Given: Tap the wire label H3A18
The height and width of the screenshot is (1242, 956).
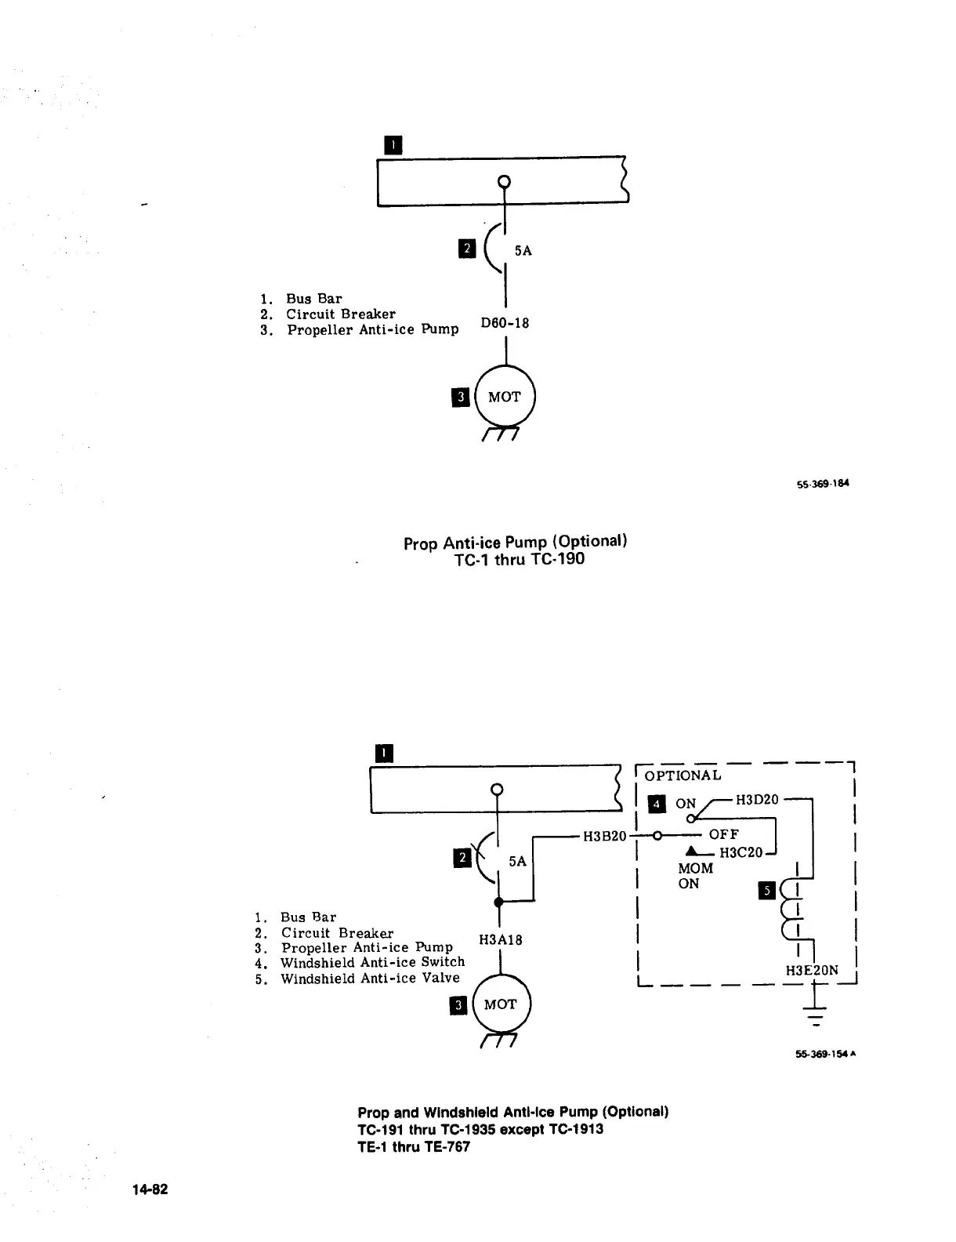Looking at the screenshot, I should (500, 940).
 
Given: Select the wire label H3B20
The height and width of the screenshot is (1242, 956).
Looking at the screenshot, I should (605, 836).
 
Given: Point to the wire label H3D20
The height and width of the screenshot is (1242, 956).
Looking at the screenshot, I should (757, 799).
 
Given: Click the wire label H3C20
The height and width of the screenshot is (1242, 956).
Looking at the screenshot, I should (741, 852).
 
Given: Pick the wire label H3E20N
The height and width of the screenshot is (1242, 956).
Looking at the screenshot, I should (812, 971).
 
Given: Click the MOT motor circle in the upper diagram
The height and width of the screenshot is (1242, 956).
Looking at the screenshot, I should (505, 397).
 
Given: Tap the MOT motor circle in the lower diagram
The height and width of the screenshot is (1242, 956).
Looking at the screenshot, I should (501, 1004).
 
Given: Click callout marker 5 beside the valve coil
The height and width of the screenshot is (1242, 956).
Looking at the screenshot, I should (768, 890).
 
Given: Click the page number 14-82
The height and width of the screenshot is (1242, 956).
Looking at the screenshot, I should (150, 1189).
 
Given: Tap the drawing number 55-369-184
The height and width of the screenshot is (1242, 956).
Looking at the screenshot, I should (822, 483).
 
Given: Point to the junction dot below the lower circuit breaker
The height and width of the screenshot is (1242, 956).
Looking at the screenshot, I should (498, 902).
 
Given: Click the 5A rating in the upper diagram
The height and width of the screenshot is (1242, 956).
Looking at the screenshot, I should (523, 251).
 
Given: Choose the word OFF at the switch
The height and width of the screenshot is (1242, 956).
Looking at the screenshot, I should (723, 834).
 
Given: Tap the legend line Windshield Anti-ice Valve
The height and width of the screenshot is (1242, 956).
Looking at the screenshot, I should (370, 979).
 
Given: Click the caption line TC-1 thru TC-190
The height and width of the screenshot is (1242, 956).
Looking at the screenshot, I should (519, 559).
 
